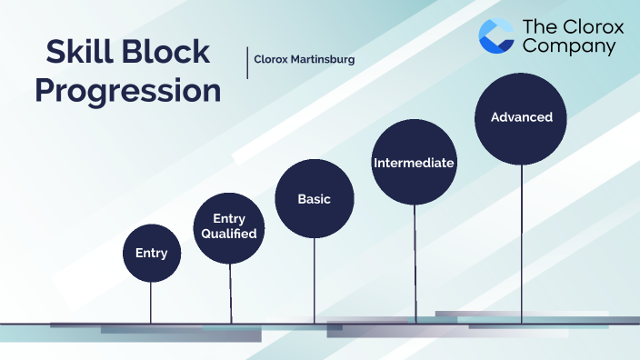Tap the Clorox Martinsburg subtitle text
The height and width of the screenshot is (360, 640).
tap(304, 60)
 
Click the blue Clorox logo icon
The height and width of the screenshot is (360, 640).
tap(496, 35)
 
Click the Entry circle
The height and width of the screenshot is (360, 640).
tap(151, 252)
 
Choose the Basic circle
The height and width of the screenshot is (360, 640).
tap(314, 198)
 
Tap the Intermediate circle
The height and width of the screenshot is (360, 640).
tap(414, 163)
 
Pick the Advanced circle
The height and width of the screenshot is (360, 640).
tap(522, 117)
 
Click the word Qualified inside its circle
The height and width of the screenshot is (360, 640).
tap(234, 234)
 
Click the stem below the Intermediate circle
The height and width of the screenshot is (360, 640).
tap(415, 264)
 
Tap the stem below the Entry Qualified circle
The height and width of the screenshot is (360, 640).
tap(231, 293)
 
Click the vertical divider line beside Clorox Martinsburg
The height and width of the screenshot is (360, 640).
tap(247, 61)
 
